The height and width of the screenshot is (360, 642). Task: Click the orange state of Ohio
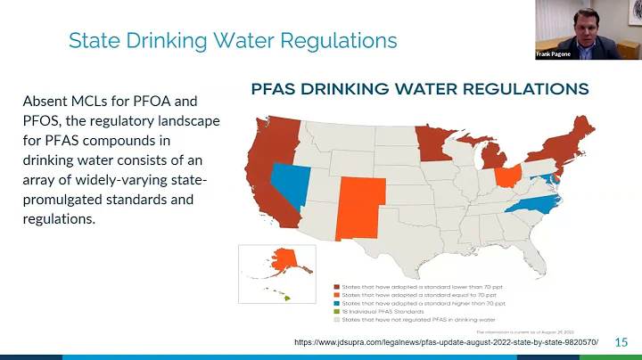point(506,175)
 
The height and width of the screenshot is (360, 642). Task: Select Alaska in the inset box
point(284,261)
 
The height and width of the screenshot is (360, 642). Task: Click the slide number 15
point(621,342)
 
